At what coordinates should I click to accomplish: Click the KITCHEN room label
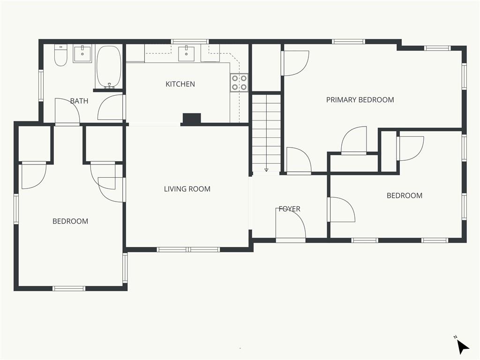(180, 84)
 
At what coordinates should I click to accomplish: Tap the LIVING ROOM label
(187, 189)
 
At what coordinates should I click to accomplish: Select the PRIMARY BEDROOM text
(360, 100)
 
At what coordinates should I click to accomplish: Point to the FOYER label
(289, 209)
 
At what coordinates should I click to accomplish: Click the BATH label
(79, 101)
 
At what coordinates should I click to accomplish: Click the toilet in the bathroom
(60, 55)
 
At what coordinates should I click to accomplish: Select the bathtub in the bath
(109, 67)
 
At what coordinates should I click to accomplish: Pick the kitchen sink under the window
(186, 53)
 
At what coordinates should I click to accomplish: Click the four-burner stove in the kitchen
(239, 82)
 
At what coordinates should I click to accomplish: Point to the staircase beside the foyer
(266, 133)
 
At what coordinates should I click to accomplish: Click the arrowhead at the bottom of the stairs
(266, 170)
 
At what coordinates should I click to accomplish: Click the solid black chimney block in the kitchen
(192, 118)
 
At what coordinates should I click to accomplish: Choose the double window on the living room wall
(188, 249)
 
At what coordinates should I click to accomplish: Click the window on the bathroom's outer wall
(41, 85)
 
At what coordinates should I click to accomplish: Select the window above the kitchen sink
(190, 42)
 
